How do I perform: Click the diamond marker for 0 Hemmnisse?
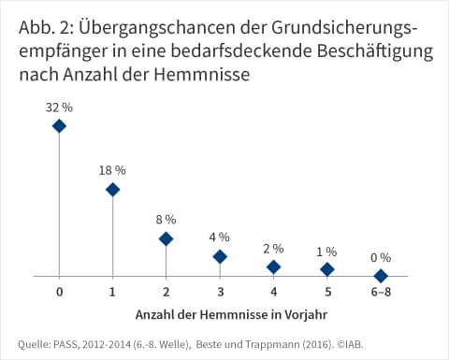click(59, 126)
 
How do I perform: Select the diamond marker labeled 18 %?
click(112, 190)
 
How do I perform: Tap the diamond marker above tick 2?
click(166, 239)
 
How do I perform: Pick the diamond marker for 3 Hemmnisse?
click(220, 257)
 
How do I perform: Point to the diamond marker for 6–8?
click(381, 276)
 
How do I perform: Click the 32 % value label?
click(59, 108)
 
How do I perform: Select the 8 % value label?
click(166, 220)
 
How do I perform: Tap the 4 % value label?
click(220, 238)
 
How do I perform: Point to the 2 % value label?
click(273, 249)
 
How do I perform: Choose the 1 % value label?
click(326, 252)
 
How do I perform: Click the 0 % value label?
click(381, 258)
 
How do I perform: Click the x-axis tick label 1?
click(112, 292)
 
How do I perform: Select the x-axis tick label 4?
click(274, 292)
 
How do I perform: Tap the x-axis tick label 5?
click(327, 292)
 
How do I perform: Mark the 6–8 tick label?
click(381, 292)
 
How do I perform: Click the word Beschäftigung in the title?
click(375, 51)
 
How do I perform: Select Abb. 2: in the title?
click(46, 28)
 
